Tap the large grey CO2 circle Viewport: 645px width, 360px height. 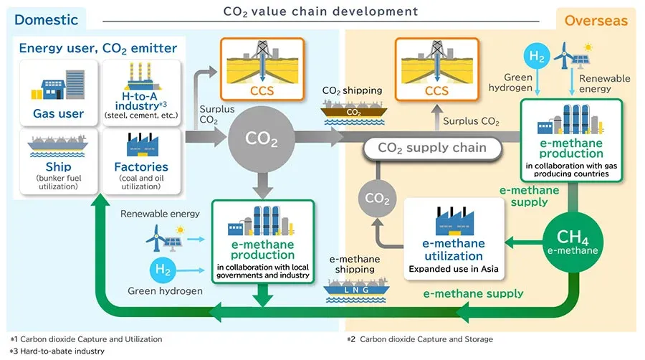(x=263, y=140)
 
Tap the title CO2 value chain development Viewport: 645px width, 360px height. (x=321, y=11)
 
